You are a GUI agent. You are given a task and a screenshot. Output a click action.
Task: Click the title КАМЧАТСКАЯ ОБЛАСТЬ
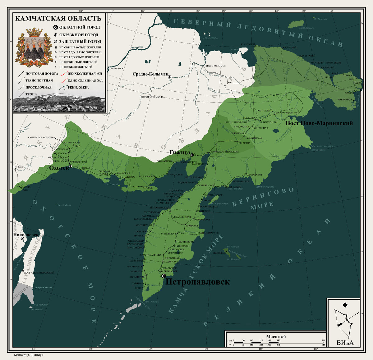tap(58, 19)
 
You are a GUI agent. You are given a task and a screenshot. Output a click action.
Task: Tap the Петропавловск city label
tap(198, 282)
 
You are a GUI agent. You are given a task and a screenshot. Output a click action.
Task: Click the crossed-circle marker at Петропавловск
tap(163, 276)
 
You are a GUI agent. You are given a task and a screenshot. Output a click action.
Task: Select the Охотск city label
tap(59, 167)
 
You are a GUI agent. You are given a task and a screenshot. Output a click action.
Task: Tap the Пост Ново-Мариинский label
tap(319, 123)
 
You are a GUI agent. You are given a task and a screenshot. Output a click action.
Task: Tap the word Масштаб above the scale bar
tap(276, 336)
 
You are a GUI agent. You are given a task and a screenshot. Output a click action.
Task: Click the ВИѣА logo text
tap(345, 343)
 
